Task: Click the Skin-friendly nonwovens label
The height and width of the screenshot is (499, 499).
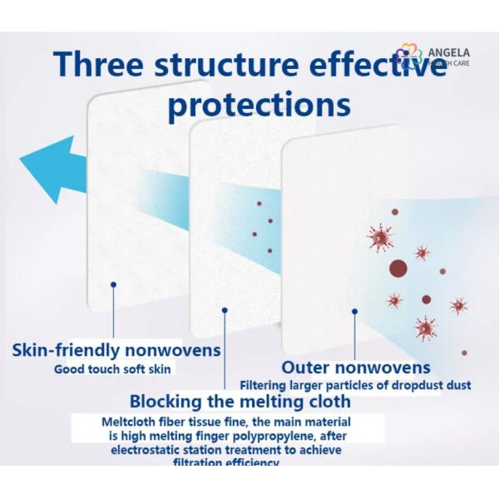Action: coord(117,350)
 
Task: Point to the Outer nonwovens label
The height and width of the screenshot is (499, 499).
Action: coord(356,367)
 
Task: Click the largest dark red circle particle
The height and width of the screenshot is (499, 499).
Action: coord(398,269)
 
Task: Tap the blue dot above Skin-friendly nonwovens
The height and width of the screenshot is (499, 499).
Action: coord(114,284)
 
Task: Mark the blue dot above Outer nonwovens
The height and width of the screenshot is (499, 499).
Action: coord(355,311)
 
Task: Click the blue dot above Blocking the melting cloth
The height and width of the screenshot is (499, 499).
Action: coord(225,310)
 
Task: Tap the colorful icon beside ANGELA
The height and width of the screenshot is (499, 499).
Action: coord(406,57)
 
